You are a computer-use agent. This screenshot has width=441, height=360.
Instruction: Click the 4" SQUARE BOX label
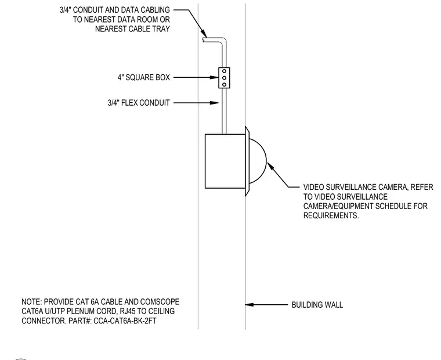pos(144,77)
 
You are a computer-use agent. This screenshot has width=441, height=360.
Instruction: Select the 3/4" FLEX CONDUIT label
pos(139,103)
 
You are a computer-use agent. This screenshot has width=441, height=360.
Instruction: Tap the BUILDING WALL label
pos(317,305)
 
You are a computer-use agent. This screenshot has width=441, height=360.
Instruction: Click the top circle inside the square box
pos(224,71)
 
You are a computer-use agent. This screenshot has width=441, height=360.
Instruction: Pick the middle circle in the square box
pos(224,78)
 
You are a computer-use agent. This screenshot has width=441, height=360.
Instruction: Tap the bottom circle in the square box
pos(224,84)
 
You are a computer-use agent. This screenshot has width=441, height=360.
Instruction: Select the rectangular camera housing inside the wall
pos(225,161)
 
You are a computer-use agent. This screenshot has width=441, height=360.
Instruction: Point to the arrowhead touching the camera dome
pos(270,166)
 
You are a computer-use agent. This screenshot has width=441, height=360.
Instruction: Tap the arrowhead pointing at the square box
pos(215,77)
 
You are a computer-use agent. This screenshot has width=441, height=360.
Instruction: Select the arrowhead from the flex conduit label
pos(215,103)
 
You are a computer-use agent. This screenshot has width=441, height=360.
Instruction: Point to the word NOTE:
pos(31,302)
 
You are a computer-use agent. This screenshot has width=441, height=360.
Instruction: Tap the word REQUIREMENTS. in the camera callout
pos(331,215)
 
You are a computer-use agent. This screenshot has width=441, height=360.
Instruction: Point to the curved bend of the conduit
pos(225,39)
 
